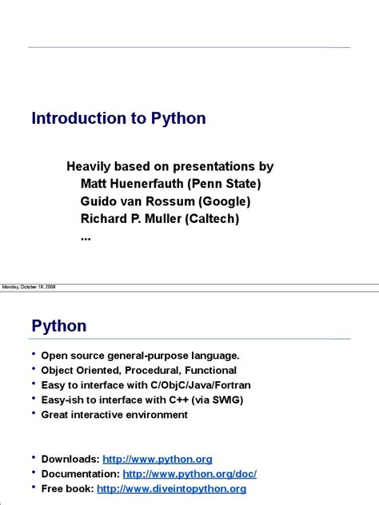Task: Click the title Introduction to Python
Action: point(118,119)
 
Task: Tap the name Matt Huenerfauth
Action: point(132,184)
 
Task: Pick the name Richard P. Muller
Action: point(130,218)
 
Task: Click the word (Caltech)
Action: point(209,218)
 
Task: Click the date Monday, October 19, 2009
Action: point(29,286)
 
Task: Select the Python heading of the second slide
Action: point(59,326)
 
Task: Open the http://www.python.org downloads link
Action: point(169,459)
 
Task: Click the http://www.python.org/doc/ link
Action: point(189,474)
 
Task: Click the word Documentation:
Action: point(80,474)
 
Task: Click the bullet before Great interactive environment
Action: point(34,414)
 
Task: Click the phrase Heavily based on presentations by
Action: point(170,166)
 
